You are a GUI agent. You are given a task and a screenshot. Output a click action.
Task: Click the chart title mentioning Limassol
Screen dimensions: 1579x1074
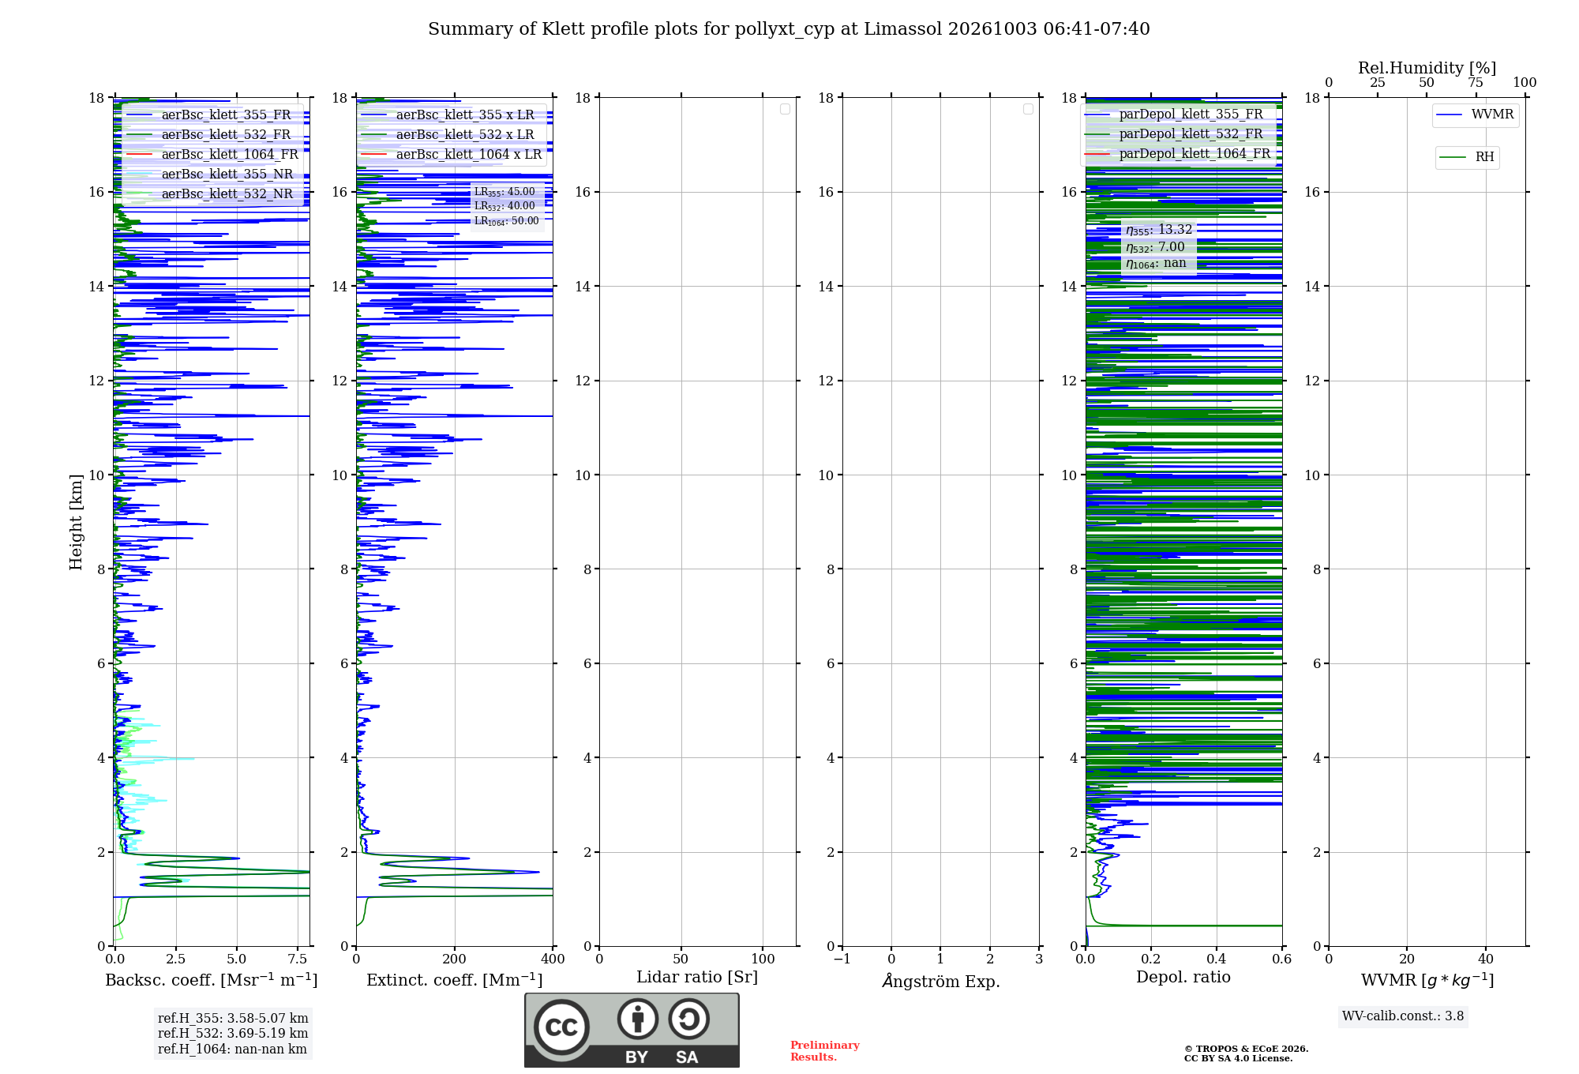tap(789, 29)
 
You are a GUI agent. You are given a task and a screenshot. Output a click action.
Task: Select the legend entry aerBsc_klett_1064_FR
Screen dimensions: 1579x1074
tap(212, 155)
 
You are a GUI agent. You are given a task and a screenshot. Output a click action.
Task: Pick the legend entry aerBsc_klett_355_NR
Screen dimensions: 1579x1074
tap(210, 175)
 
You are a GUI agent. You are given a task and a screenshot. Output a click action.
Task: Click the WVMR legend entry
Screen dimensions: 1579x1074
tap(1475, 115)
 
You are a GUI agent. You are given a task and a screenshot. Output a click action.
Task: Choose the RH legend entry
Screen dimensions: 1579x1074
tap(1466, 157)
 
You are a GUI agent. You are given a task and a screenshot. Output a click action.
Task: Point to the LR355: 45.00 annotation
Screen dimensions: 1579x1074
tap(504, 192)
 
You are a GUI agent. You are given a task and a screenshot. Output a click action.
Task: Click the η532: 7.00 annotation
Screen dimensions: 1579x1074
tap(1155, 247)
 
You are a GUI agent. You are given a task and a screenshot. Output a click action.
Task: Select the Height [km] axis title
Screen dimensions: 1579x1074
tap(76, 522)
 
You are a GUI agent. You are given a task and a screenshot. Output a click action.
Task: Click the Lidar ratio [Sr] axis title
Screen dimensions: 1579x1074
tap(697, 978)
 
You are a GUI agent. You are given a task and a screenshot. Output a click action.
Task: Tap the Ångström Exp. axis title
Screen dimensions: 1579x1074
tap(941, 981)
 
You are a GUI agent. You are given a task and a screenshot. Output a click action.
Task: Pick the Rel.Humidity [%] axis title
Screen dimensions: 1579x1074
tap(1427, 69)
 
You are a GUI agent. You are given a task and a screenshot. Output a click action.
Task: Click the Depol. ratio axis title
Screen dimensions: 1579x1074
tap(1183, 977)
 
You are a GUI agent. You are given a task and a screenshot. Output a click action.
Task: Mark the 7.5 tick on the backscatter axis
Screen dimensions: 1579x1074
tap(298, 959)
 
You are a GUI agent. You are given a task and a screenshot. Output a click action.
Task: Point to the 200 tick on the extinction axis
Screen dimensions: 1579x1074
tap(455, 959)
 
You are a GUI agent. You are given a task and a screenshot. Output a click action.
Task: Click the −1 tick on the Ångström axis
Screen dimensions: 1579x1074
tap(842, 959)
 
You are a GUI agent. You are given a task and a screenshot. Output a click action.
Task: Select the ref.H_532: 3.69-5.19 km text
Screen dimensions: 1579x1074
tap(233, 1034)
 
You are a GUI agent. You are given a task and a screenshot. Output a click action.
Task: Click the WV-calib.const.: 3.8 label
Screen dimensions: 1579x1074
tap(1403, 1016)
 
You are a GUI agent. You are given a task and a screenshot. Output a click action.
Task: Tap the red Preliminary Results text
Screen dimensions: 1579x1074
tap(825, 1051)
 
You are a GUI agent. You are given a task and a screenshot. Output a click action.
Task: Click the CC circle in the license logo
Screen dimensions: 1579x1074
tap(562, 1027)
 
